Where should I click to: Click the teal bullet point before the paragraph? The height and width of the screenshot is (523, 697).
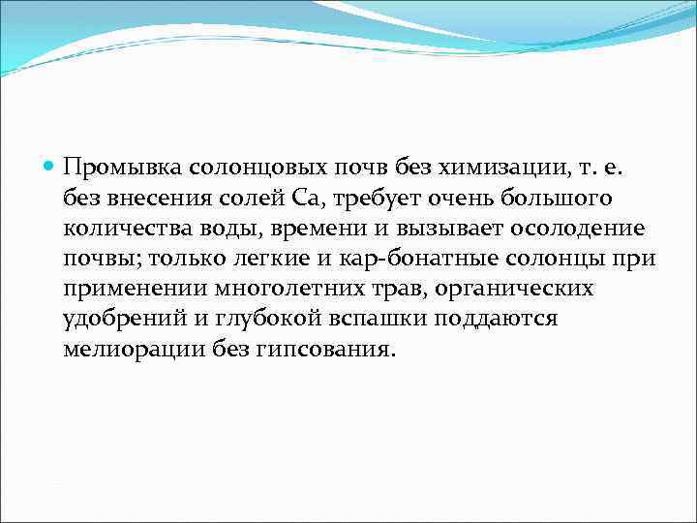click(51, 169)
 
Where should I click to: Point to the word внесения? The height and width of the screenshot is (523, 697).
click(166, 200)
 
